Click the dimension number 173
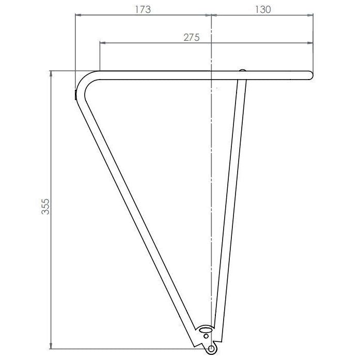[143, 9]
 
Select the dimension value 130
[263, 9]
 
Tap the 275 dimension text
[192, 37]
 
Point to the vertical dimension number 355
[45, 207]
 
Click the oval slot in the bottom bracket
[206, 330]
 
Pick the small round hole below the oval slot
[206, 336]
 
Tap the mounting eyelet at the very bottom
[211, 349]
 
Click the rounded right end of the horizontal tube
[310, 75]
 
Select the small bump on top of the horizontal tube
[242, 70]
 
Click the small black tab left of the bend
[75, 95]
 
